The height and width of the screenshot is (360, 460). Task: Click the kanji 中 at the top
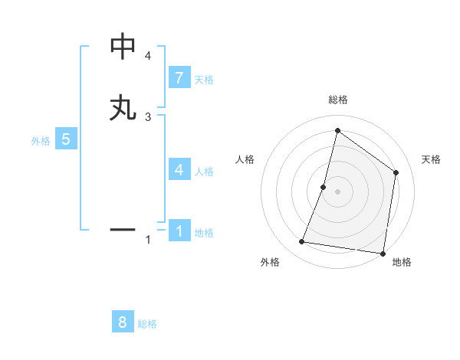(x=123, y=47)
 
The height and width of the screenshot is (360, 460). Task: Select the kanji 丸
(x=123, y=108)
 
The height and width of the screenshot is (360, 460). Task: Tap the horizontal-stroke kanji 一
(x=123, y=229)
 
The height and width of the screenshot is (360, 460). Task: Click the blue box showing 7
(x=179, y=78)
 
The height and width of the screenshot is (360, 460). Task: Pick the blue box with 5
(x=66, y=139)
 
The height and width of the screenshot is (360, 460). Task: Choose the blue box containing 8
(x=123, y=322)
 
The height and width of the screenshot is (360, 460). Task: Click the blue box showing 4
(x=179, y=170)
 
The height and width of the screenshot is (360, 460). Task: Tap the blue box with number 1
(x=179, y=231)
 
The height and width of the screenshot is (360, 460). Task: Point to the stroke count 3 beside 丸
(x=148, y=116)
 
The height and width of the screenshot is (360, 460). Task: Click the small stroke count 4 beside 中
(x=148, y=56)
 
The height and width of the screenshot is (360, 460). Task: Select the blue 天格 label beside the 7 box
(x=204, y=80)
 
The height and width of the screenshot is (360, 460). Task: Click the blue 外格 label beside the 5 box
(x=40, y=141)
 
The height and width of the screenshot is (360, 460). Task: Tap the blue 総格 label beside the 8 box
(x=147, y=324)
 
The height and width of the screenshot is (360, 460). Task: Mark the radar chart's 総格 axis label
(x=337, y=100)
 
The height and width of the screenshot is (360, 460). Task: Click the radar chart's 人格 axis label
(x=245, y=159)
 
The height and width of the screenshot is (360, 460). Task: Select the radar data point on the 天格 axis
(x=396, y=172)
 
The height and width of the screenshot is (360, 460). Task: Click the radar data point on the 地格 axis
(x=383, y=253)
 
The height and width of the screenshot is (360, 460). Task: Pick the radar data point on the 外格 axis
(x=302, y=242)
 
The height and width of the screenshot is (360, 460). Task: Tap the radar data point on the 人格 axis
(x=324, y=187)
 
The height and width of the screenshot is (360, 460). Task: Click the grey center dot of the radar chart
(x=337, y=191)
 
